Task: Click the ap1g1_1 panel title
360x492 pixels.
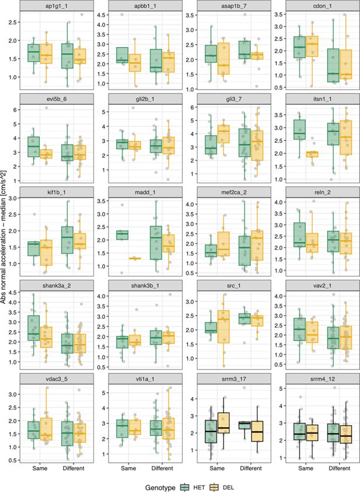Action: (x=57, y=6)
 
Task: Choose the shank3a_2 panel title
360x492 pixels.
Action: (x=57, y=284)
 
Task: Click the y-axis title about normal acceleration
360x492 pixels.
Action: (x=5, y=233)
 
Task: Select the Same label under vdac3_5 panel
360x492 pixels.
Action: (x=40, y=468)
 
